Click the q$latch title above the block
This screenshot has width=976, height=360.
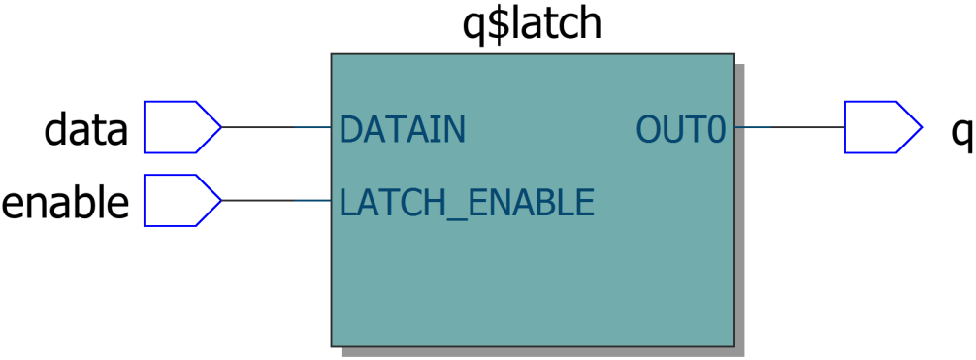[x=532, y=23]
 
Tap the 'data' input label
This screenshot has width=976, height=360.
[x=85, y=130]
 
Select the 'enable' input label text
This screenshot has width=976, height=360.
[x=65, y=203]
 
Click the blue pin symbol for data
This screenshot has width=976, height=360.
[x=179, y=127]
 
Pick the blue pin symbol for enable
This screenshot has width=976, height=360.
[x=179, y=201]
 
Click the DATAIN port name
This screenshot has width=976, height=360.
[x=402, y=129]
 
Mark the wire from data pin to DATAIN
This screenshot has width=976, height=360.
[x=277, y=127]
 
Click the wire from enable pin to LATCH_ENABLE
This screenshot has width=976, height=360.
[x=277, y=201]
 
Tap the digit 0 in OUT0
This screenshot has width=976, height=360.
[x=715, y=129]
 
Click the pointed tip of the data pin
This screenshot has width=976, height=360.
[x=219, y=127]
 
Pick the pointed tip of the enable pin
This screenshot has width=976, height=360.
[x=219, y=201]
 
